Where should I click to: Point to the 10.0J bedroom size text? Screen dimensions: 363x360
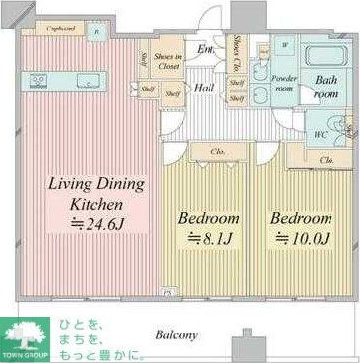[298, 237]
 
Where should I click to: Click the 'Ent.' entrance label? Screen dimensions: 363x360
[206, 50]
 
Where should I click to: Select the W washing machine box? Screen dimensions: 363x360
[284, 45]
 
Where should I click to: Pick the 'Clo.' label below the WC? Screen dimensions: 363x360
[328, 159]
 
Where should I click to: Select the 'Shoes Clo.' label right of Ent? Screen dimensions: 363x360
[240, 49]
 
